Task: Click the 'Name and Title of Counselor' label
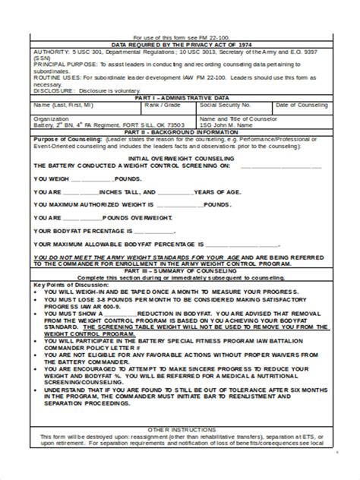235,118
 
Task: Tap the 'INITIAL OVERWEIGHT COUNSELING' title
179,154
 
